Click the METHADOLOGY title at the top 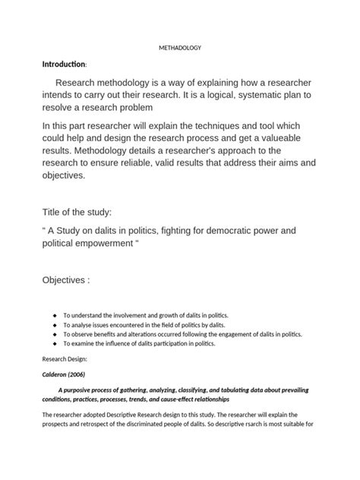point(180,48)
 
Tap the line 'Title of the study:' point(80,213)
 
